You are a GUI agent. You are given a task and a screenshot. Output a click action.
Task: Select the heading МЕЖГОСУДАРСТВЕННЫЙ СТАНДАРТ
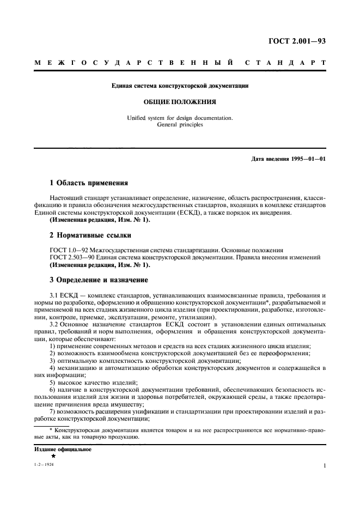point(180,64)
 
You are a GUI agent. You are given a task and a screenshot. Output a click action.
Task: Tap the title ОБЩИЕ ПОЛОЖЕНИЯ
point(180,101)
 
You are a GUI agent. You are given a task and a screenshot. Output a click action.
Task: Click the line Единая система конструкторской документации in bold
point(180,86)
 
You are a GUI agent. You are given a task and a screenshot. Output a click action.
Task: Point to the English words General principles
point(180,125)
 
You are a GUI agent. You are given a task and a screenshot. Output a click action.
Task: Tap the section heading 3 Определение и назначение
point(99,280)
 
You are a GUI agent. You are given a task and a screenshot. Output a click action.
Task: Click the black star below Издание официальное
point(53,456)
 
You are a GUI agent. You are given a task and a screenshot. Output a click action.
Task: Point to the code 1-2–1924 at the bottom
point(45,466)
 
